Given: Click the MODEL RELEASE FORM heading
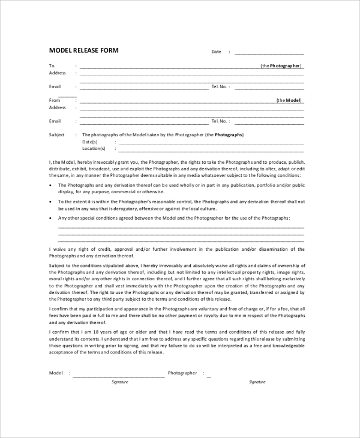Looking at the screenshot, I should click(x=83, y=50).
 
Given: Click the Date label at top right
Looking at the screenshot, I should click(x=217, y=52).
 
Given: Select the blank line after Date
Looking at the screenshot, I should click(x=269, y=53).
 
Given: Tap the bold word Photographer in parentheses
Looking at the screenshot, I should click(x=285, y=65).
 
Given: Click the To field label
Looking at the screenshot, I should click(x=52, y=65).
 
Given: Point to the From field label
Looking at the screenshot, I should click(x=55, y=100).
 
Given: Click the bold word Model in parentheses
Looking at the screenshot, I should click(x=293, y=100).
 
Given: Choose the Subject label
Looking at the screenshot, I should click(x=56, y=135).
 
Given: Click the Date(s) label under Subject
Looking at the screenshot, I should click(x=90, y=142).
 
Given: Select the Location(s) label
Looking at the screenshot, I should click(x=94, y=148).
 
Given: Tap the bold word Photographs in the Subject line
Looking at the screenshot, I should click(x=229, y=135).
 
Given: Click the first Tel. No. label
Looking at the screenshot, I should click(x=220, y=86).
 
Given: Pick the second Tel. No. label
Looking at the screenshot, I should click(x=220, y=121).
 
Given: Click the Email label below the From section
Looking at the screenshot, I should click(x=55, y=121).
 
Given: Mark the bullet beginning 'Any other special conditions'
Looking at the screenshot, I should click(x=50, y=218).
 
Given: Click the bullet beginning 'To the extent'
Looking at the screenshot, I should click(x=50, y=202).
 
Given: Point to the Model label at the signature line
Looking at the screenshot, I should click(x=56, y=373).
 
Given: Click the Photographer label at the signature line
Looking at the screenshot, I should click(x=182, y=373).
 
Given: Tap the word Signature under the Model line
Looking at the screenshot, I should click(x=120, y=382).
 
